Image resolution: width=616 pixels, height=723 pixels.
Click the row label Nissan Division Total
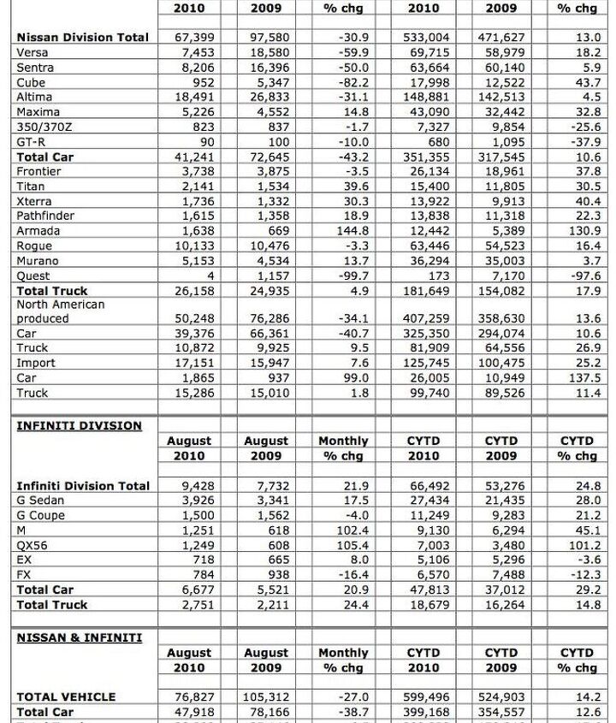pos(83,37)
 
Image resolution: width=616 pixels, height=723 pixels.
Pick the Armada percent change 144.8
pos(352,231)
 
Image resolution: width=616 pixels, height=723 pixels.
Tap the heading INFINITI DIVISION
pos(80,425)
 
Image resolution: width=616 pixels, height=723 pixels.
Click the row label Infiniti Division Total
pos(83,485)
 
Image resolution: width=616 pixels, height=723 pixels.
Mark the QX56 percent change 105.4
pos(352,545)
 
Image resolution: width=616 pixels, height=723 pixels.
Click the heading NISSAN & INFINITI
pos(80,637)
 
